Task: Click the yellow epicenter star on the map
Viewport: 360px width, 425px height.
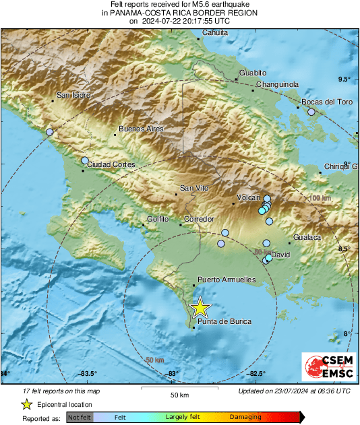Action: coord(200,308)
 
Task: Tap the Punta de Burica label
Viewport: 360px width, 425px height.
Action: coord(224,322)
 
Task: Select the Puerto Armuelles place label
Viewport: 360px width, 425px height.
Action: coord(227,279)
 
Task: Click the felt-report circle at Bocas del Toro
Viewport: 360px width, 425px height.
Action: coord(311,112)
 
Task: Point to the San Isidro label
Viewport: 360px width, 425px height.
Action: coord(73,95)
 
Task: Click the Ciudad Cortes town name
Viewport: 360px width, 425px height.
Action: coord(112,164)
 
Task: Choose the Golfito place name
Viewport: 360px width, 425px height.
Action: coord(158,219)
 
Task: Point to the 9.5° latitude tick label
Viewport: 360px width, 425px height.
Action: coord(344,79)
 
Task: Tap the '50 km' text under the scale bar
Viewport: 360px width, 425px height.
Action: coord(178,394)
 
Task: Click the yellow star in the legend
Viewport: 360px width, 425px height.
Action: coord(26,404)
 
